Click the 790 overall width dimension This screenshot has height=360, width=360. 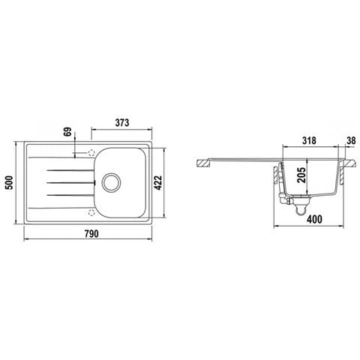pyautogui.click(x=91, y=234)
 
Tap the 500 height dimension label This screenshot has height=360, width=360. pyautogui.click(x=9, y=183)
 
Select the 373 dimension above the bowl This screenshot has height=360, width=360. pyautogui.click(x=122, y=123)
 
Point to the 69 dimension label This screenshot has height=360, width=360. pyautogui.click(x=67, y=132)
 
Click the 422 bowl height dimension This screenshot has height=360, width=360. pyautogui.click(x=158, y=183)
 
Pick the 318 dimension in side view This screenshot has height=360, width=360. pyautogui.click(x=309, y=140)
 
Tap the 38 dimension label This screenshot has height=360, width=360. pyautogui.click(x=351, y=140)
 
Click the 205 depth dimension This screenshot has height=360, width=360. pyautogui.click(x=301, y=175)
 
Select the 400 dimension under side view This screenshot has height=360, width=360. pyautogui.click(x=314, y=219)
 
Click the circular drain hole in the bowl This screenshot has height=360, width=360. pyautogui.click(x=111, y=182)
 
